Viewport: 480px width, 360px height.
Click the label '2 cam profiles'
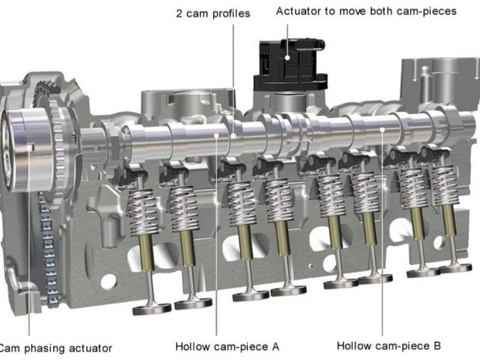[213, 13]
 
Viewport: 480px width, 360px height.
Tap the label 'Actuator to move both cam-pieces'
[366, 11]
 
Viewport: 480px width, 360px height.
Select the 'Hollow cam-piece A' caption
[227, 346]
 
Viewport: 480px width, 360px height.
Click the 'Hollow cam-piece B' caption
[389, 346]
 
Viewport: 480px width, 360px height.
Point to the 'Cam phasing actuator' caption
[55, 347]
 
